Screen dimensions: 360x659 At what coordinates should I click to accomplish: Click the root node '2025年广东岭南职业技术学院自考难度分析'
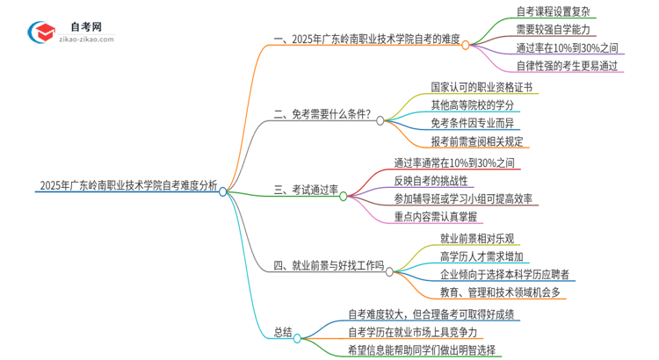pyautogui.click(x=127, y=185)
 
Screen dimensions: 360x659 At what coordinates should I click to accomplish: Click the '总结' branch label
pyautogui.click(x=282, y=331)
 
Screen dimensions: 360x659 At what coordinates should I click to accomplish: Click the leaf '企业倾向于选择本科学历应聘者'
pyautogui.click(x=506, y=274)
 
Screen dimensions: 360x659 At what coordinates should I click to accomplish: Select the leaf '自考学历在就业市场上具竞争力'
pyautogui.click(x=412, y=331)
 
